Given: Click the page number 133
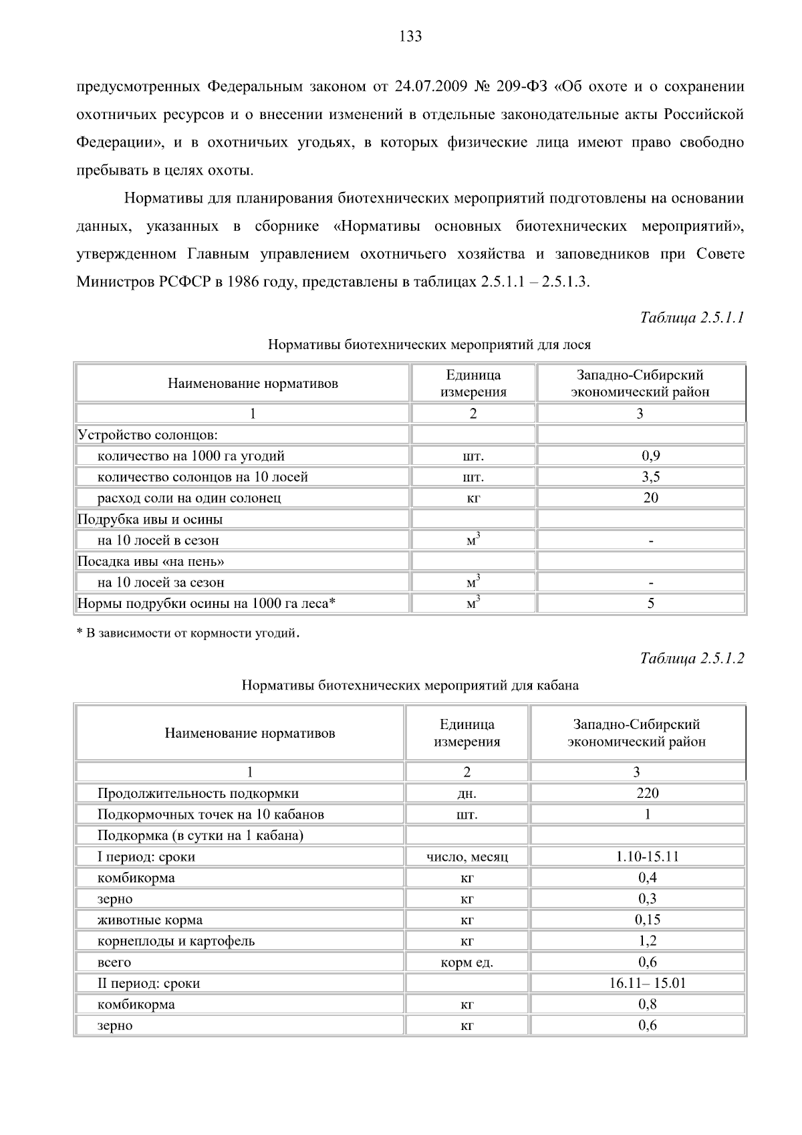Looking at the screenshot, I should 410,37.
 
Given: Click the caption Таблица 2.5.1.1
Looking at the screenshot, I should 692,317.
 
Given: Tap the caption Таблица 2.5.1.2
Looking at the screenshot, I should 692,658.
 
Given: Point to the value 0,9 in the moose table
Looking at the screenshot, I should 650,456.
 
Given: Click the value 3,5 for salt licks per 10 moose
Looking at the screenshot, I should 650,477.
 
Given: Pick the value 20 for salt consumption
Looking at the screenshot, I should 650,498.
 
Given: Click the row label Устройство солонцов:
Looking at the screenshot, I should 148,435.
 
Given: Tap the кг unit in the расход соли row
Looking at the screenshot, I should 473,498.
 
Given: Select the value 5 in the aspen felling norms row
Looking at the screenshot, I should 650,603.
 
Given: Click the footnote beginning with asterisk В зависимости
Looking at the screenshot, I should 187,633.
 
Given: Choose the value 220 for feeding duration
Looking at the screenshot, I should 647,793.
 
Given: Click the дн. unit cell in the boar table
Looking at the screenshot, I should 466,794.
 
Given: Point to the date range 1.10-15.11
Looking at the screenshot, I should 647,857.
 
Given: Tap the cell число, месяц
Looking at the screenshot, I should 466,857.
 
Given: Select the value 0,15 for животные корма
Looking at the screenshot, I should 647,920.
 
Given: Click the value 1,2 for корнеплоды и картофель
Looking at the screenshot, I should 647,941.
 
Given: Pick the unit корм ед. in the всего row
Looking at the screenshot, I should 466,962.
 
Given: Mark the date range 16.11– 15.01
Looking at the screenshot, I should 647,983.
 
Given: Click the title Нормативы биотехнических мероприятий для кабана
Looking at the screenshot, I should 410,686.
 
